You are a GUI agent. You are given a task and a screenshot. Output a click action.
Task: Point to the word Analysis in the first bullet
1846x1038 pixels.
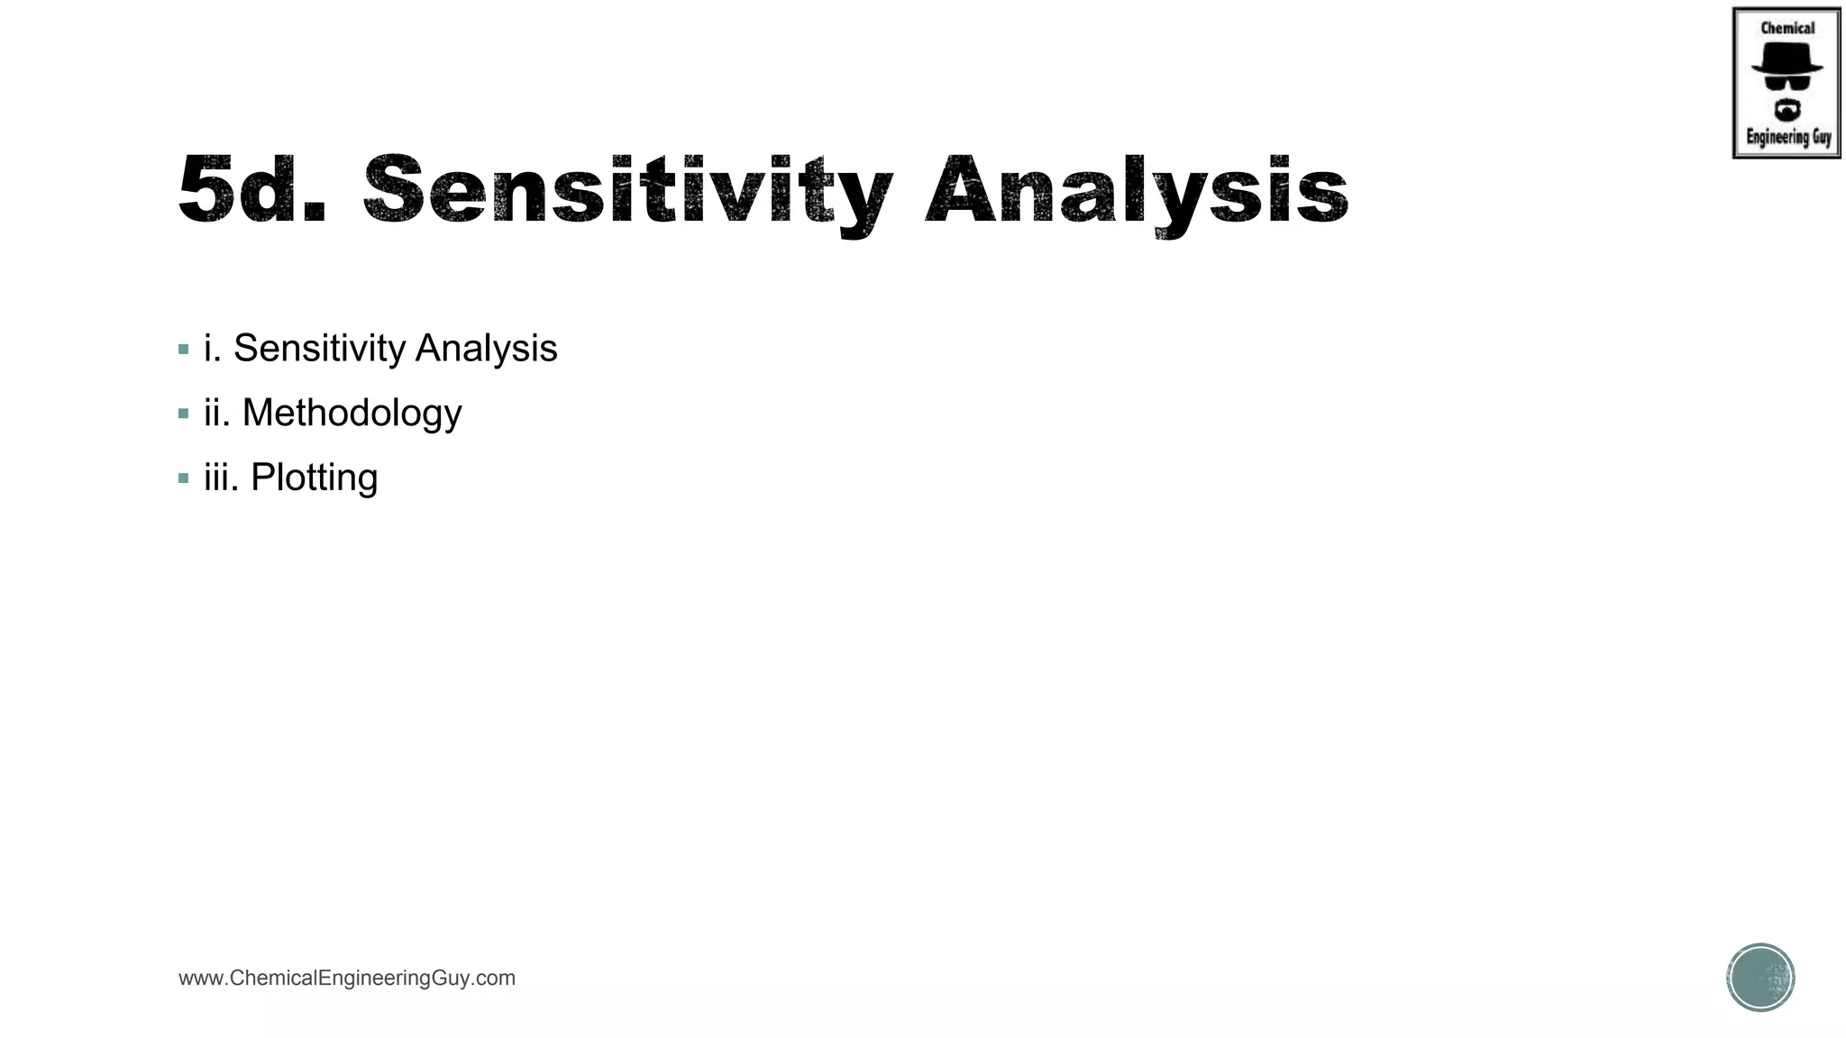coord(486,349)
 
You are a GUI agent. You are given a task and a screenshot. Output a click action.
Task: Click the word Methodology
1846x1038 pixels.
coord(352,414)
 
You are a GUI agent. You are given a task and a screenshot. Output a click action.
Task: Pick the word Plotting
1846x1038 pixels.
coord(314,478)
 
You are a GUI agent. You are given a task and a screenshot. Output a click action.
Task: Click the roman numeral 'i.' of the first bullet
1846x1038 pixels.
coord(212,349)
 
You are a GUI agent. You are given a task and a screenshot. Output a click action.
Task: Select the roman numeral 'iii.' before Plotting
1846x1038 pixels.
coord(222,478)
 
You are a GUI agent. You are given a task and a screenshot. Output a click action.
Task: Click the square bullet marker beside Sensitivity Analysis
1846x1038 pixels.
coord(184,350)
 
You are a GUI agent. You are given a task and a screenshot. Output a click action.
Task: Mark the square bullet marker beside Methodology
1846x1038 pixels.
coord(184,414)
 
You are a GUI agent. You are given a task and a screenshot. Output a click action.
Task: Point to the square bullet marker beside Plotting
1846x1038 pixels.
coord(184,478)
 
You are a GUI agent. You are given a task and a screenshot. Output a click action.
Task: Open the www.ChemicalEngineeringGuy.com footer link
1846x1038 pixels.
coord(347,979)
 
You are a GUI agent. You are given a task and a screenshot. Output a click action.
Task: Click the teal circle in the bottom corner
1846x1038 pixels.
coord(1760,978)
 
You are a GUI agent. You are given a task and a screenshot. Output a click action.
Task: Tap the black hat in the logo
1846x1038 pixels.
coord(1787,59)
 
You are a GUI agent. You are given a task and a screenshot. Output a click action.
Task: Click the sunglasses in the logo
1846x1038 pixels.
coord(1787,83)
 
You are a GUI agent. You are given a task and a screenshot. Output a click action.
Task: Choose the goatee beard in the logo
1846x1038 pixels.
coord(1787,111)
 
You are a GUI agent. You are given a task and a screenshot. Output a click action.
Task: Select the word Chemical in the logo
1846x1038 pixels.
coord(1787,28)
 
